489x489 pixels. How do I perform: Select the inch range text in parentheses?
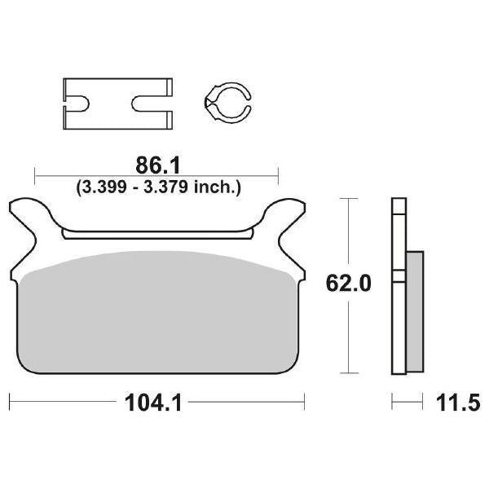(157, 187)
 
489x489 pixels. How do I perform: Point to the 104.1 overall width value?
(156, 402)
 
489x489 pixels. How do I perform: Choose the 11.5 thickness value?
(454, 402)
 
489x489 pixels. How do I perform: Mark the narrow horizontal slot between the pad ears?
(156, 235)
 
